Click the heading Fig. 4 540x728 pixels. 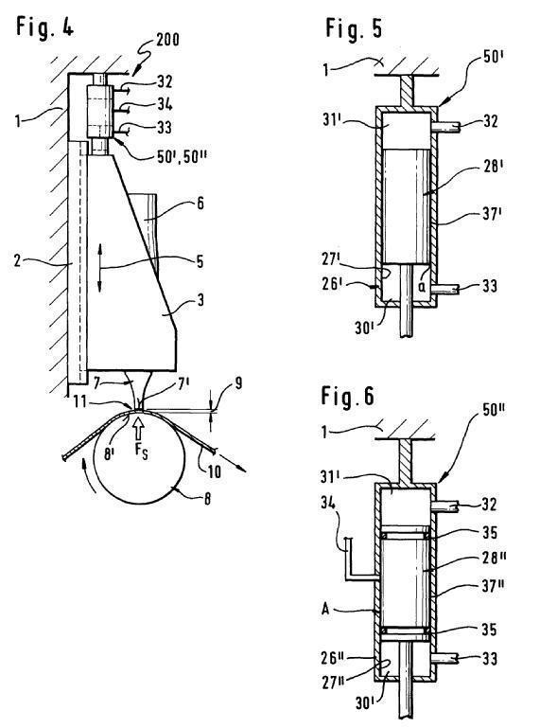(45, 27)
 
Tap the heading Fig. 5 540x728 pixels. (354, 28)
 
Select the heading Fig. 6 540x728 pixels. (347, 396)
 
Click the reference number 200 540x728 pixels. (167, 40)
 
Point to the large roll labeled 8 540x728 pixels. (139, 457)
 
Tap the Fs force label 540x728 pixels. (142, 452)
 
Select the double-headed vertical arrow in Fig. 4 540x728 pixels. (99, 269)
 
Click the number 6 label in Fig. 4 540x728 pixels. (200, 203)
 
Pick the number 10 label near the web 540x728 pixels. (214, 471)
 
